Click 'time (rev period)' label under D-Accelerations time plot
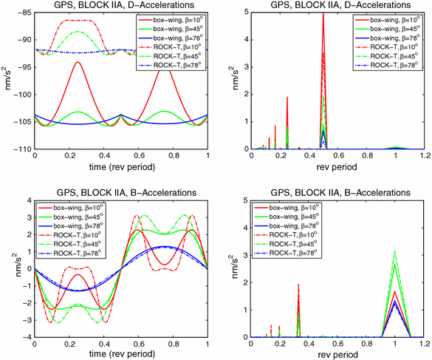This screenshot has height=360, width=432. click(121, 168)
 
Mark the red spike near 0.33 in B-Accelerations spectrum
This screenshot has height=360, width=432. click(298, 285)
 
